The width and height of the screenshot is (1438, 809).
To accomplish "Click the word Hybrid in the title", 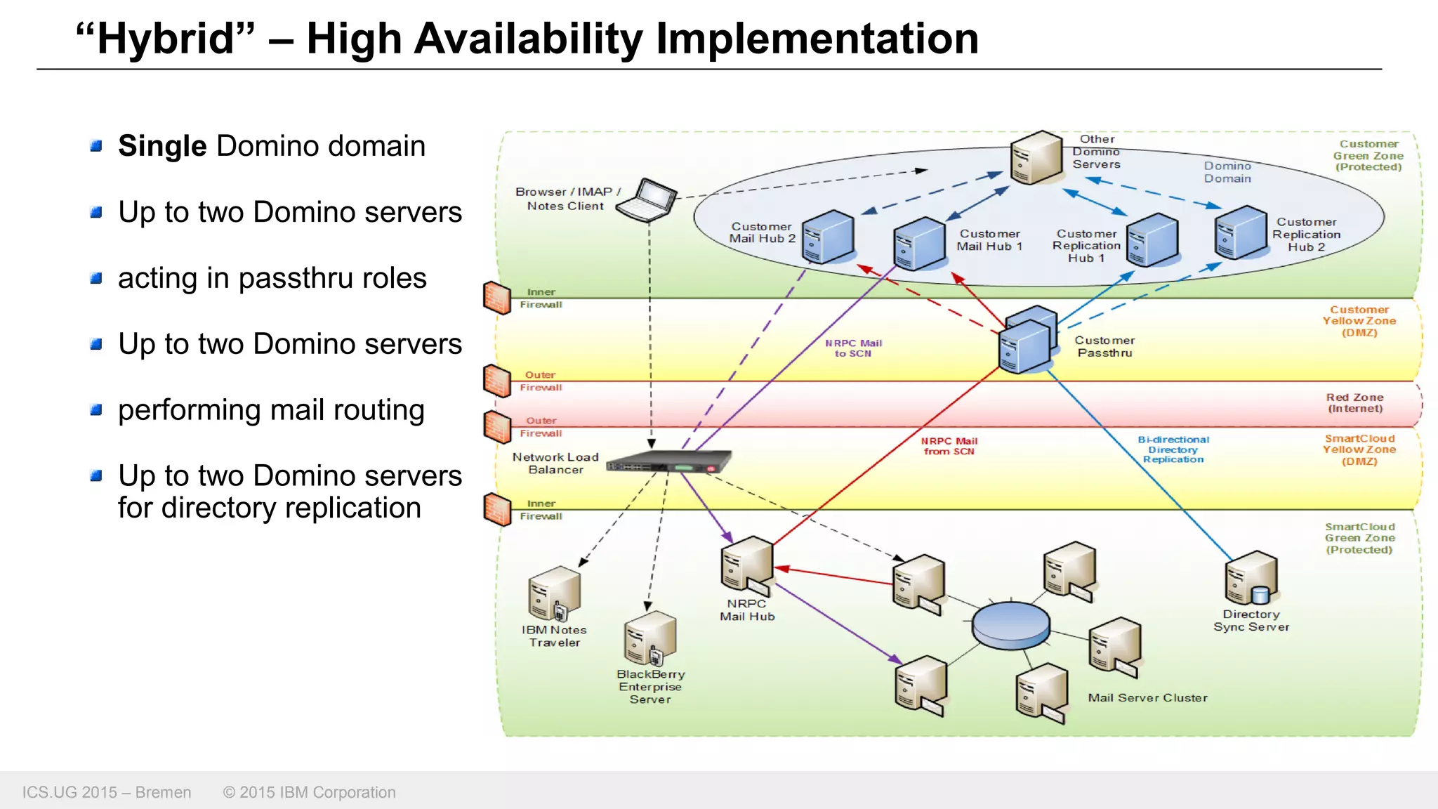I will (166, 39).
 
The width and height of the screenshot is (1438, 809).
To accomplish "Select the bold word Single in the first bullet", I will (162, 146).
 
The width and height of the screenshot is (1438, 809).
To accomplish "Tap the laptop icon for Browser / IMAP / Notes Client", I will (648, 200).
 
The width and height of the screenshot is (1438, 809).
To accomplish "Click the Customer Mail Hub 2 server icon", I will (828, 237).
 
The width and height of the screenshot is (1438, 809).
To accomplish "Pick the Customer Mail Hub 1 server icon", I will (919, 244).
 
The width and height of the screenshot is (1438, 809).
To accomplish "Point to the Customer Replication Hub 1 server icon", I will (1152, 241).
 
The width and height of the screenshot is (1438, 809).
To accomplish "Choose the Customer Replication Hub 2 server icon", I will (1241, 232).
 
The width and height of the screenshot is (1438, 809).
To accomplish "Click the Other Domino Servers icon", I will (1036, 157).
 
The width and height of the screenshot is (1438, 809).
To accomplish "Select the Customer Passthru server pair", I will (1028, 340).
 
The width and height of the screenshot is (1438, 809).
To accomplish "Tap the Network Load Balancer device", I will (668, 462).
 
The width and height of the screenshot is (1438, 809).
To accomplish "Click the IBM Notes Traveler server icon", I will (555, 593).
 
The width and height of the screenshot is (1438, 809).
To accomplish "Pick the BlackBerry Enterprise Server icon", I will (650, 638).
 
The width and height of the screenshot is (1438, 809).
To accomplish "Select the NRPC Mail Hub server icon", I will (747, 564).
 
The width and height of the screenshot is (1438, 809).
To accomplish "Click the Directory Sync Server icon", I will (1251, 578).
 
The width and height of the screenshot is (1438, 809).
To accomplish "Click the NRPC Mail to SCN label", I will (853, 348).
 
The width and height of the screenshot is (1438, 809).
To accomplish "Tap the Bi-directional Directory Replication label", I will (1173, 449).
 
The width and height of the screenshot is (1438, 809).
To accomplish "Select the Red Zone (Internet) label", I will (1354, 402).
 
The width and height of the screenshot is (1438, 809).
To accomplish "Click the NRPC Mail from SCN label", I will (949, 446).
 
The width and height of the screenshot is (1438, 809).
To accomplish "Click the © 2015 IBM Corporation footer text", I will (309, 792).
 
